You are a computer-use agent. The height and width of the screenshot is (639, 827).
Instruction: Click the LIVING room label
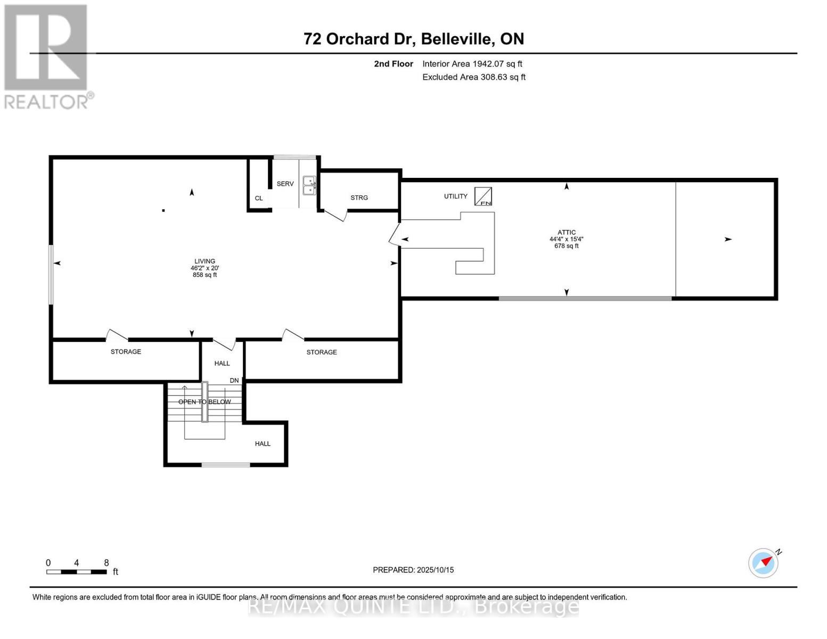coord(204,261)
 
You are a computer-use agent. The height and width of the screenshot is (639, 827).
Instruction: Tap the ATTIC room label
coord(566,232)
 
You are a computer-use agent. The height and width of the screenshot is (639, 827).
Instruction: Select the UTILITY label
coord(455,196)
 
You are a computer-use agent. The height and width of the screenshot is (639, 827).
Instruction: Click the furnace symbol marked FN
coord(483,196)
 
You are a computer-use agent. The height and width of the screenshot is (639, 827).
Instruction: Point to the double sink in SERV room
coord(309,185)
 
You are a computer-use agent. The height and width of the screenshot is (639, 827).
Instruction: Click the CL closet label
coord(259,198)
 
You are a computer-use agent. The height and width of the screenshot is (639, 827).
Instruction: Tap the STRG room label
coord(359,198)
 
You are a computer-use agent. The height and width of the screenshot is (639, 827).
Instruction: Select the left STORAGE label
coord(126,351)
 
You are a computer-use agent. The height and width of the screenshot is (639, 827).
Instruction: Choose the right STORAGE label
coord(321,352)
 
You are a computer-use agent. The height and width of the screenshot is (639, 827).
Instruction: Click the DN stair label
coord(234,381)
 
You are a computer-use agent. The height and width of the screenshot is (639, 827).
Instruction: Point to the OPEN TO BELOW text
coord(204,402)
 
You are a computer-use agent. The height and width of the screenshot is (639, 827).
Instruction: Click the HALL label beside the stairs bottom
coord(263,444)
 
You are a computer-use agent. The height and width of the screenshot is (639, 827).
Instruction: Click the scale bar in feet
coord(76,572)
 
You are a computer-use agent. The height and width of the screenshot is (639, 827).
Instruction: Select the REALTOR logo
coord(47,56)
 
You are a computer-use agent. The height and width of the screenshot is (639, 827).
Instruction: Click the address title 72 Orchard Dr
coord(413,39)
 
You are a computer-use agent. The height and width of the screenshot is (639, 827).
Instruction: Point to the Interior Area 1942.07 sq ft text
coord(472,64)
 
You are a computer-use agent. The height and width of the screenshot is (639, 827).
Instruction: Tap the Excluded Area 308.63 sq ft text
coord(473,77)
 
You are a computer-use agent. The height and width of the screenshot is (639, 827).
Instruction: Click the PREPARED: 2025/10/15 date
coord(413,570)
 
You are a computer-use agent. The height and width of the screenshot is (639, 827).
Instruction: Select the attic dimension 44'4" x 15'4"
coord(566,239)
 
